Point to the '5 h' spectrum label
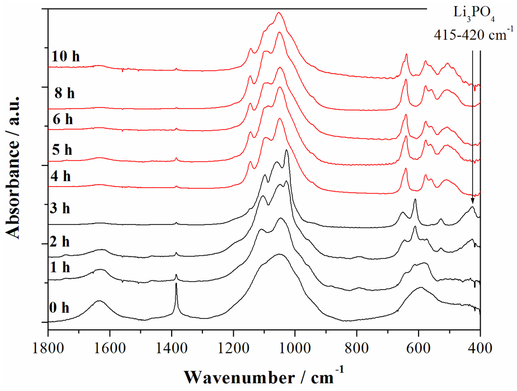pos(63,150)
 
